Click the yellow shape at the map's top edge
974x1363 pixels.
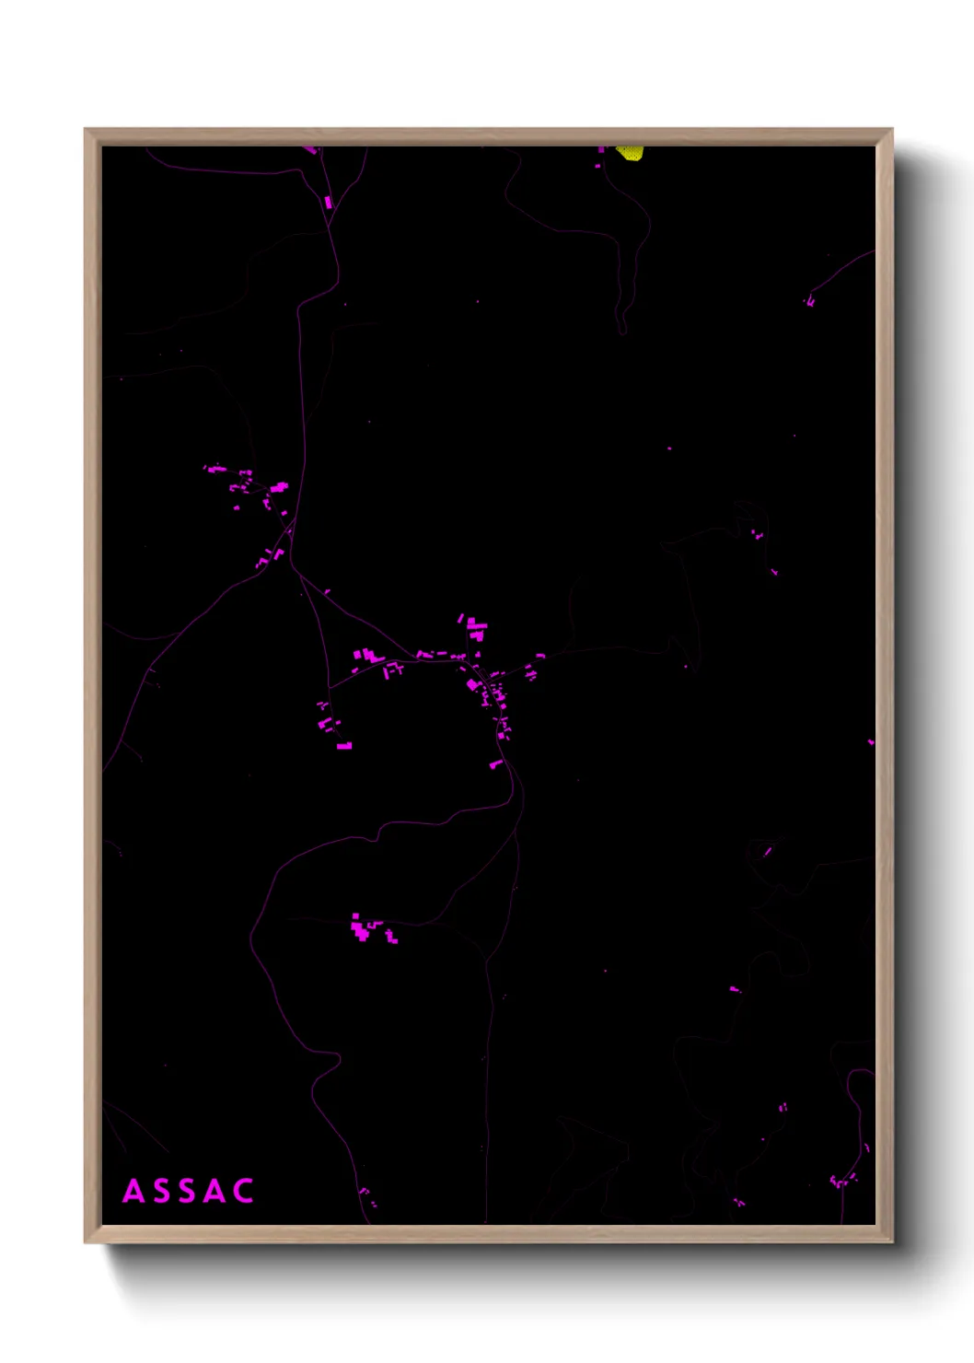coord(631,152)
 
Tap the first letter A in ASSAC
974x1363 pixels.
coord(133,1191)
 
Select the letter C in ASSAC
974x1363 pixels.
coord(243,1191)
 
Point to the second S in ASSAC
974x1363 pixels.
coord(188,1191)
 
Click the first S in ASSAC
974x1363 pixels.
coord(160,1191)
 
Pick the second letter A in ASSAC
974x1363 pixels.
coord(215,1191)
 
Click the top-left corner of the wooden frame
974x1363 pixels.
coord(86,130)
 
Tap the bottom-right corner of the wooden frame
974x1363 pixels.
coord(891,1241)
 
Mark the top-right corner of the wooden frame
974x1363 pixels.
coord(891,130)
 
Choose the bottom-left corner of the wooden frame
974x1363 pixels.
coord(86,1241)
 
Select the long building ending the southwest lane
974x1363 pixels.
coord(344,746)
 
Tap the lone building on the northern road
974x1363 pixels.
coord(328,202)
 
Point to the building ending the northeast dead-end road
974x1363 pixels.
coord(810,301)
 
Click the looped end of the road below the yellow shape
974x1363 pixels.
coord(623,327)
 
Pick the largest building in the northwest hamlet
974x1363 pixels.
coord(278,487)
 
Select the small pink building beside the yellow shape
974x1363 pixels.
coord(602,149)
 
